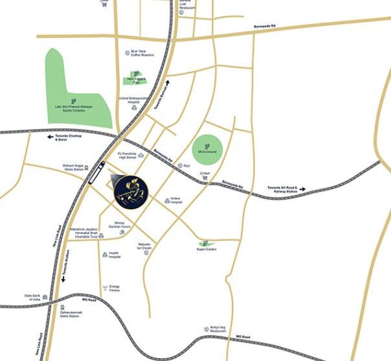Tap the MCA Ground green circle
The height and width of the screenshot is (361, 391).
pos(210,148)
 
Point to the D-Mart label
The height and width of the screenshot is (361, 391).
pos(205,174)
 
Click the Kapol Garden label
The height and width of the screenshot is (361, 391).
pos(208,250)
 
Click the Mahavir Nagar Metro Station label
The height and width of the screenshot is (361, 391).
pos(74,168)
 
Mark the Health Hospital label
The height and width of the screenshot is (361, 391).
pos(115,255)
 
